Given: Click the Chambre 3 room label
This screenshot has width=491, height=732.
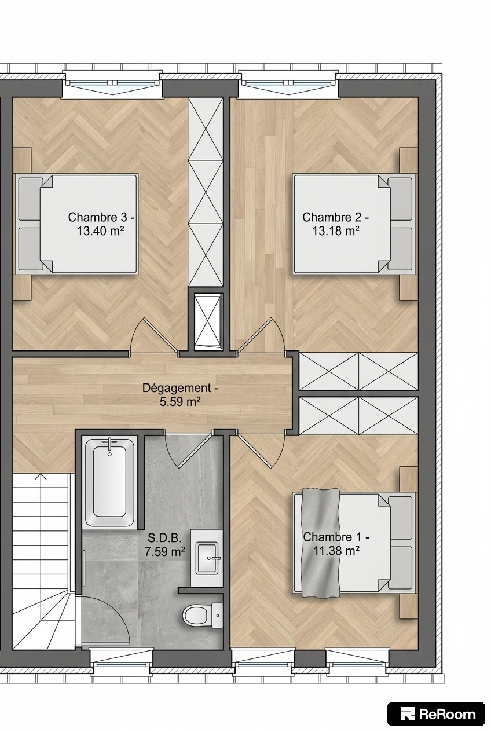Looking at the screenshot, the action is pos(101,217).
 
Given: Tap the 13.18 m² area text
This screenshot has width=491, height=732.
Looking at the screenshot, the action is pos(335,232).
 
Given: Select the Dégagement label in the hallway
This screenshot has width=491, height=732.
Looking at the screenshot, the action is pos(180,388).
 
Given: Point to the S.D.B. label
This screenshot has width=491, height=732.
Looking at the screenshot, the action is pos(164,537).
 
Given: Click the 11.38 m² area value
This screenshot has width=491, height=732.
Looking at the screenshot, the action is pos(337,551).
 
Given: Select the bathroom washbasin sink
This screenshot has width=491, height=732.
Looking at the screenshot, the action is pos(207,558).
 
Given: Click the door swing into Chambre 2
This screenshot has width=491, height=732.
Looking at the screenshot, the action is pos(260,335).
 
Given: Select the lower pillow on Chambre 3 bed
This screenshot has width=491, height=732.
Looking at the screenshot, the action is pos(31,248).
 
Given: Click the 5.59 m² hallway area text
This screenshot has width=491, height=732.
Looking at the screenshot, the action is pos(180,402).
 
